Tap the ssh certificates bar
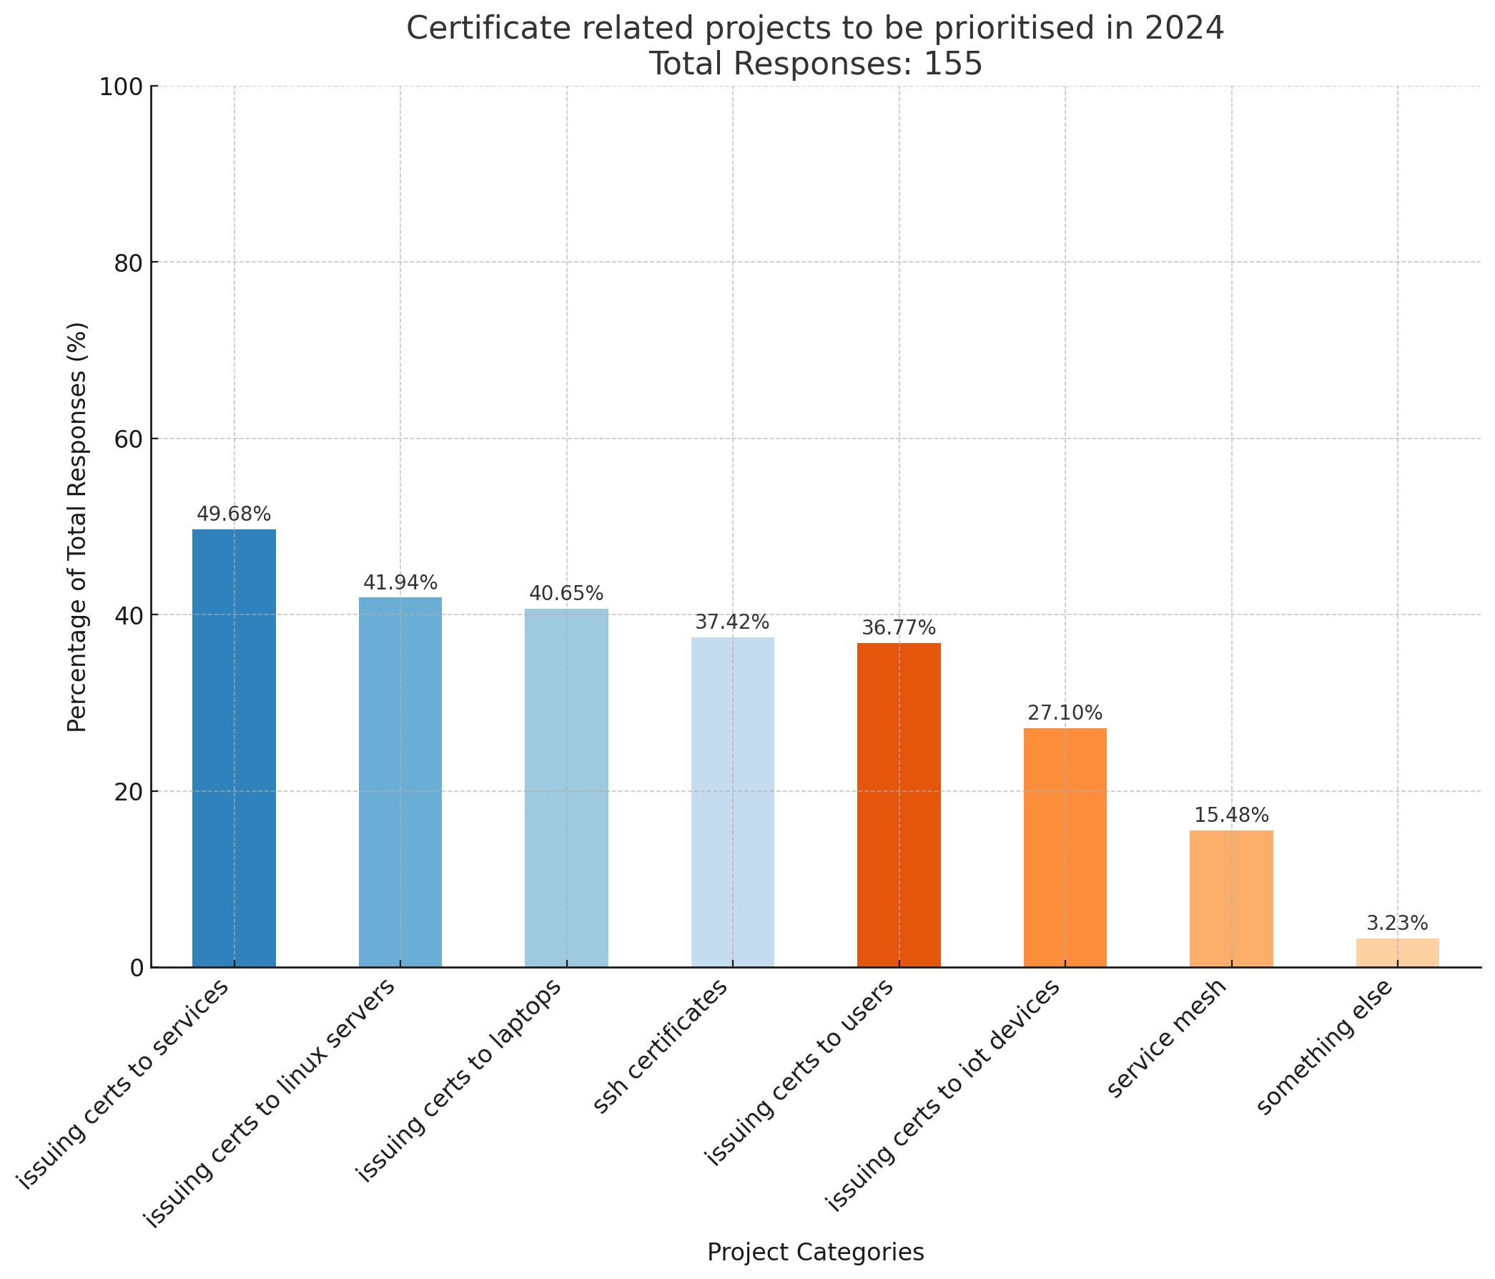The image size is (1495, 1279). (732, 801)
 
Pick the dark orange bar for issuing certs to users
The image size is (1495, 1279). (898, 804)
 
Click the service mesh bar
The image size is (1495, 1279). (1231, 898)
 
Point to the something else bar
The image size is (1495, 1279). (1397, 952)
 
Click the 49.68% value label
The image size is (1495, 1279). (234, 514)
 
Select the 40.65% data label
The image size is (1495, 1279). (566, 594)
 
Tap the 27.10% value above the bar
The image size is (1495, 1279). (1065, 713)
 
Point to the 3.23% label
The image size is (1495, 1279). (1397, 923)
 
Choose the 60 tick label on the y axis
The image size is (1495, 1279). (129, 439)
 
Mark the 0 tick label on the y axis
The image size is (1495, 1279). (137, 968)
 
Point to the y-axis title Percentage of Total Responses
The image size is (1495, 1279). (78, 527)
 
